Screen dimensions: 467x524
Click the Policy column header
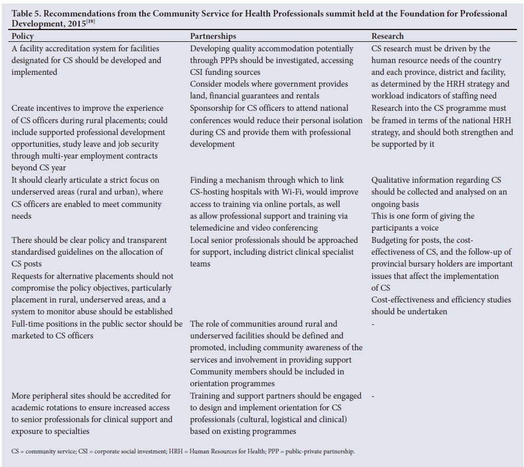tap(22, 37)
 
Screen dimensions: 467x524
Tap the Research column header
tap(388, 37)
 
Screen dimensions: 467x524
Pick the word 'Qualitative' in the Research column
tap(395, 180)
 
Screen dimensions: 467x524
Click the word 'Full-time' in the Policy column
tap(30, 324)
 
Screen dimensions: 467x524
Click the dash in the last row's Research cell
tap(373, 396)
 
